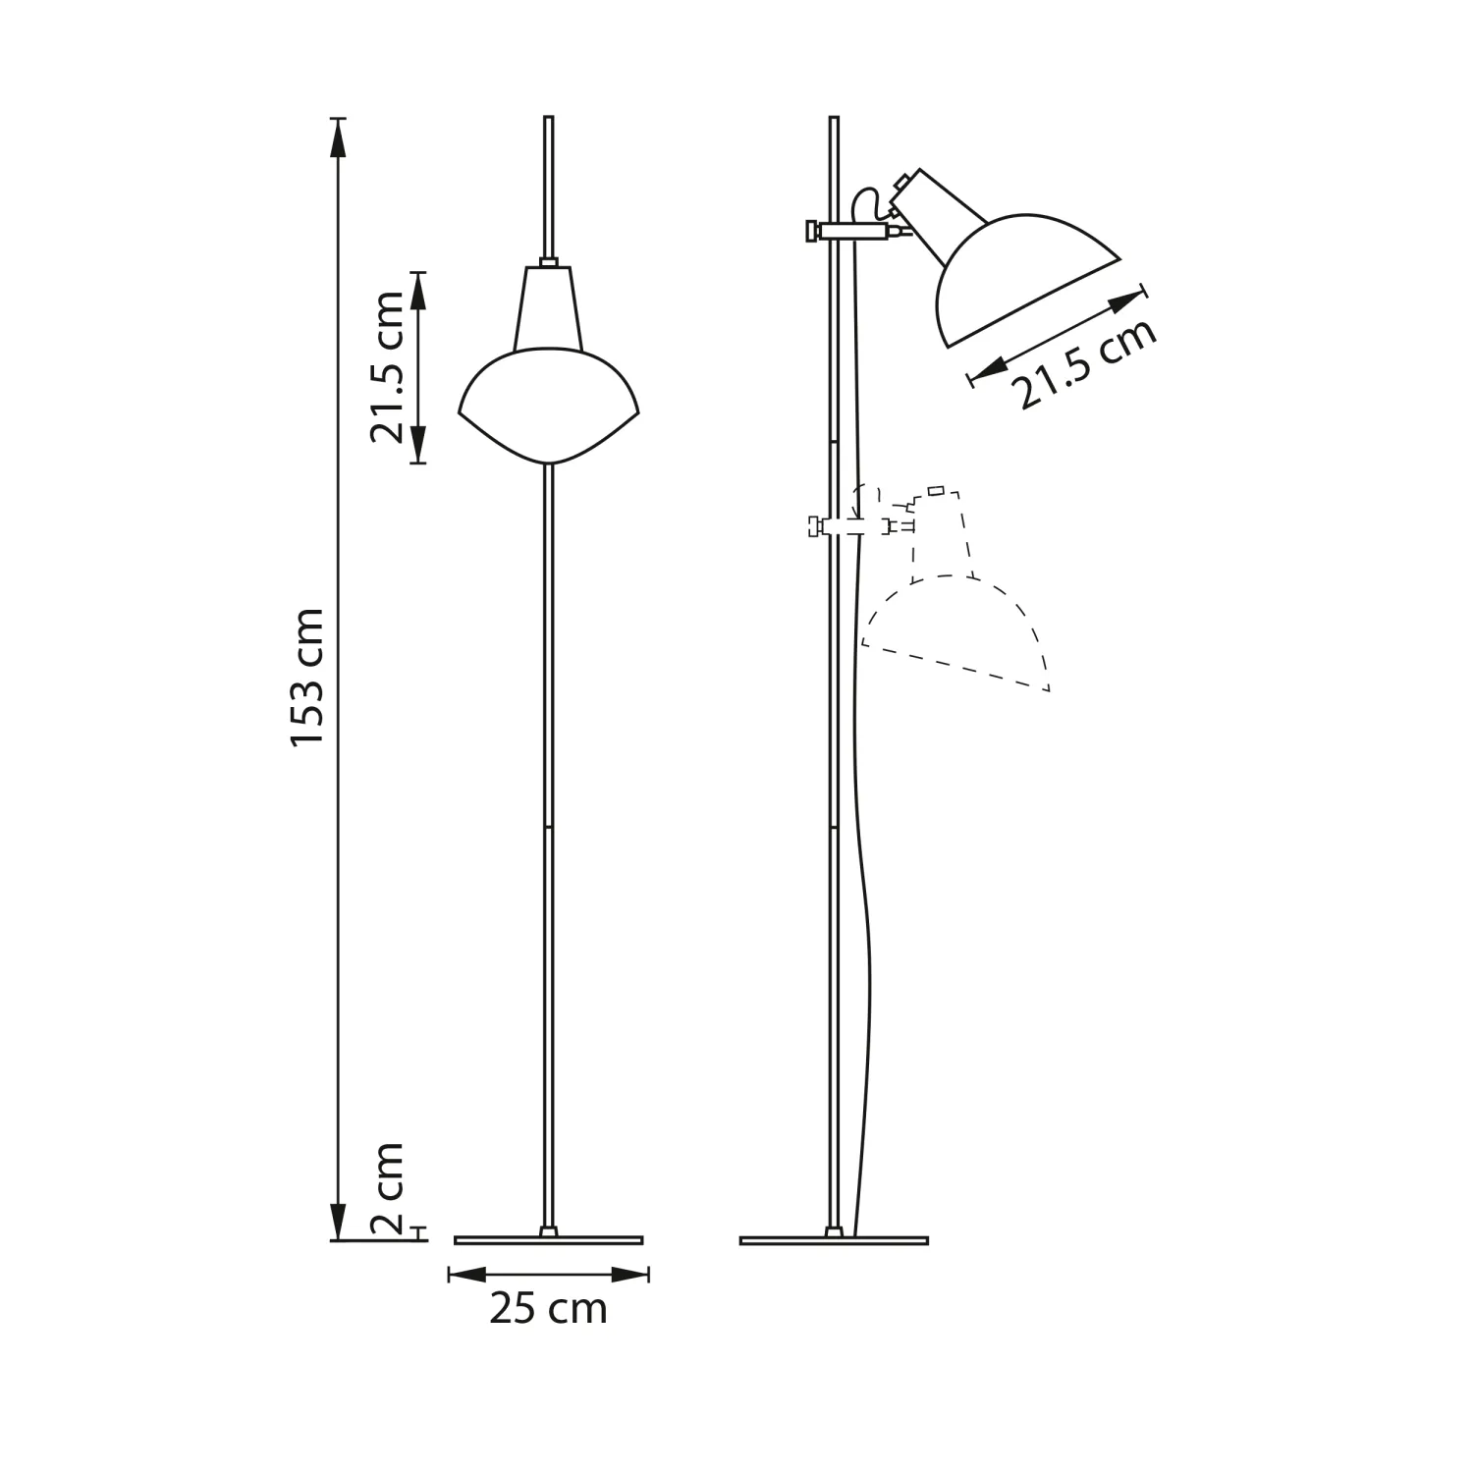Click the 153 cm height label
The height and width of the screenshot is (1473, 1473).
[307, 678]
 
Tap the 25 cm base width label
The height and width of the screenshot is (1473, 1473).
[548, 1308]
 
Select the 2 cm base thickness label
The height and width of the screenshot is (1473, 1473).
[388, 1188]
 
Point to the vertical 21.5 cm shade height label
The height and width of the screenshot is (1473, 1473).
[387, 367]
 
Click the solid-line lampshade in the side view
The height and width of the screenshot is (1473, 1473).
[1026, 280]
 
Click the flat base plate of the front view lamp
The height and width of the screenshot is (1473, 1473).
[549, 1240]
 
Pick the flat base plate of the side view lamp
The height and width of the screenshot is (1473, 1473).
[834, 1240]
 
